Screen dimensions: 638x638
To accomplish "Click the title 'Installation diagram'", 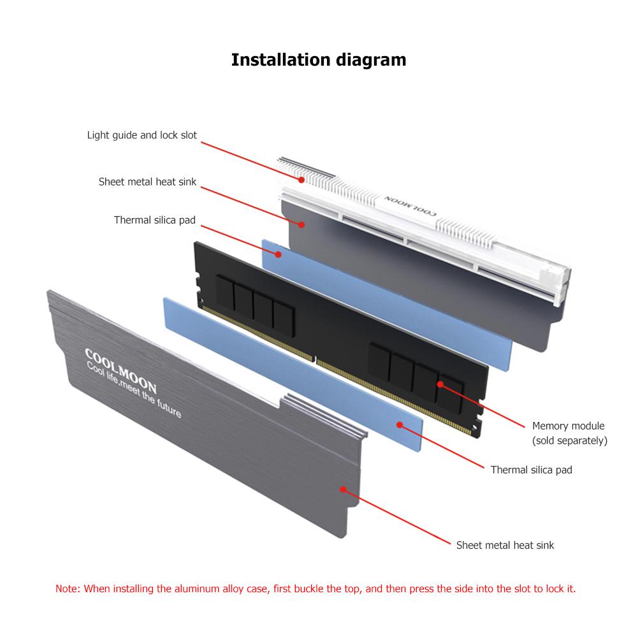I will pyautogui.click(x=318, y=60).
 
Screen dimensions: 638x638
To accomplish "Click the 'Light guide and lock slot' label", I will pyautogui.click(x=142, y=135).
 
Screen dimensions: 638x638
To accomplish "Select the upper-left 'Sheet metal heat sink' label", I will pyautogui.click(x=147, y=182).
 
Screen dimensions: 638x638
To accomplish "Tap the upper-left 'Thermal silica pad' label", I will pyautogui.click(x=155, y=220).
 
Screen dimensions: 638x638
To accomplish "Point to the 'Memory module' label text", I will pyautogui.click(x=568, y=426).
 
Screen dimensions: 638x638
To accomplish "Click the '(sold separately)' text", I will pyautogui.click(x=570, y=440).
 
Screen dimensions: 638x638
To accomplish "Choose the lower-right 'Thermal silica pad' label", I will pyautogui.click(x=531, y=470).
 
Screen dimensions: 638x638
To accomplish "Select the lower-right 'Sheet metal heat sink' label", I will pyautogui.click(x=505, y=545).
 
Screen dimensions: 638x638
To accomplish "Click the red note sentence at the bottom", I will pyautogui.click(x=315, y=588).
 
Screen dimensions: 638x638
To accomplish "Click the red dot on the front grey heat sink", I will pyautogui.click(x=343, y=489).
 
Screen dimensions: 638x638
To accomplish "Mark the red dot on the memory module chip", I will pyautogui.click(x=440, y=384).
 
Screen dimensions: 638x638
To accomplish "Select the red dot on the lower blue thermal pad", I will pyautogui.click(x=399, y=423).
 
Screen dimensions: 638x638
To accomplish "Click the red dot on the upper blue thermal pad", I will pyautogui.click(x=279, y=254).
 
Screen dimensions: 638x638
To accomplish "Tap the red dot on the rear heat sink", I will pyautogui.click(x=302, y=223).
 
